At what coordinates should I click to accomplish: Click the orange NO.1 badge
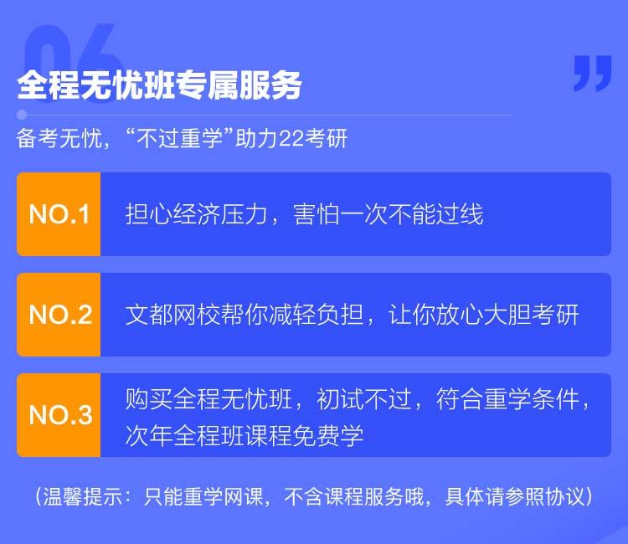tap(59, 214)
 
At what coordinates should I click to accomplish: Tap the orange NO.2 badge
tap(59, 315)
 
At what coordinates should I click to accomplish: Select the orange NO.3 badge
tap(59, 415)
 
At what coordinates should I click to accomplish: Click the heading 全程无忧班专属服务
tap(159, 85)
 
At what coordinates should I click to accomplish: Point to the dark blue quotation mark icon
tap(592, 74)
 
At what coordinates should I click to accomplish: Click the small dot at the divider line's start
tap(22, 115)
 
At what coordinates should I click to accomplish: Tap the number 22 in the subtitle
tap(291, 139)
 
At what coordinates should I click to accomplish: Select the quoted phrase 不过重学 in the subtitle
tap(179, 139)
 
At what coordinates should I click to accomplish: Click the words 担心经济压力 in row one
tap(196, 214)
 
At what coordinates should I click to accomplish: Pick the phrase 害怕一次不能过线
tap(388, 214)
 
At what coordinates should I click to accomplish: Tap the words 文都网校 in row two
tap(173, 315)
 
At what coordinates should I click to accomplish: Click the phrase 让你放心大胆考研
tap(484, 315)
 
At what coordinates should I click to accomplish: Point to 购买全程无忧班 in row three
tap(208, 399)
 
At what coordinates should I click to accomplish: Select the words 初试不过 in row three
tap(364, 399)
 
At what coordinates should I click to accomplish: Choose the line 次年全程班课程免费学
tap(245, 435)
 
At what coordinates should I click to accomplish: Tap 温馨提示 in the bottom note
tap(83, 497)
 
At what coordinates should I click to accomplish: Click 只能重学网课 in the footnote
tap(203, 497)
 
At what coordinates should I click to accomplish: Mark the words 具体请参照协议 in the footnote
tap(515, 497)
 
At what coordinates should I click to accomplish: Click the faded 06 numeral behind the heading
tap(72, 60)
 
